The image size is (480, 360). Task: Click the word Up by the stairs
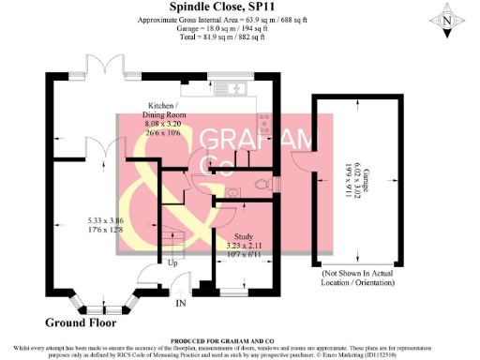tap(172, 263)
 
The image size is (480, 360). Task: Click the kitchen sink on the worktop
tap(226, 81)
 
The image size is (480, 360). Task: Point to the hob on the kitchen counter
tap(266, 123)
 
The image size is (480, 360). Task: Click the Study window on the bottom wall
tap(234, 296)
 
